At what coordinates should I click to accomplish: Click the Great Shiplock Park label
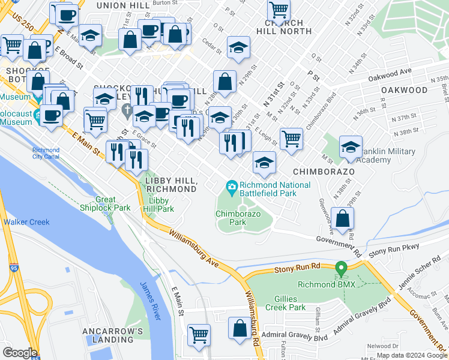pyautogui.click(x=105, y=204)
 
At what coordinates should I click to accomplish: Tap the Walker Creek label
pyautogui.click(x=26, y=222)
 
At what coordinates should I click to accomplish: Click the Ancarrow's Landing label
pyautogui.click(x=113, y=335)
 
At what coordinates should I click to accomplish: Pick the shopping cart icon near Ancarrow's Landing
pyautogui.click(x=199, y=335)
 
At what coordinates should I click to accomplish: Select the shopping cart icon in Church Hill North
pyautogui.click(x=279, y=10)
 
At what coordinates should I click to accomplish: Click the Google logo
pyautogui.click(x=20, y=353)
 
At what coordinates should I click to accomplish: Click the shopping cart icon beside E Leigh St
pyautogui.click(x=291, y=139)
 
